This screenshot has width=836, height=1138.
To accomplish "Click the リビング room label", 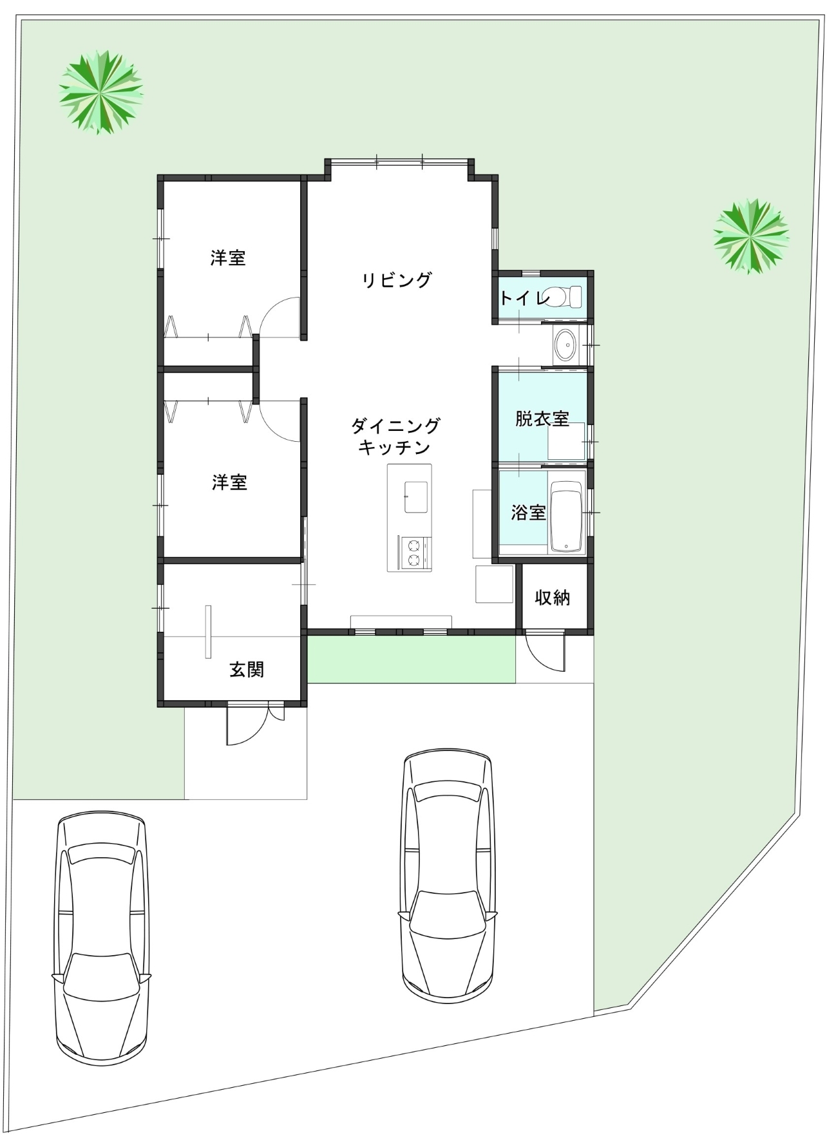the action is pyautogui.click(x=396, y=280).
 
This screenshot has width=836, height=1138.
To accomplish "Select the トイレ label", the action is pyautogui.click(x=524, y=298).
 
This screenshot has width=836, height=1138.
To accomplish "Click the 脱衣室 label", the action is pyautogui.click(x=542, y=419).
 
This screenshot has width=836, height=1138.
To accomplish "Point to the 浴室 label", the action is pyautogui.click(x=528, y=513).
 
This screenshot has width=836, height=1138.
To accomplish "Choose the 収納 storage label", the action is pyautogui.click(x=553, y=597).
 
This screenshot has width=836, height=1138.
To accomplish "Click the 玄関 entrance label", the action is pyautogui.click(x=247, y=669).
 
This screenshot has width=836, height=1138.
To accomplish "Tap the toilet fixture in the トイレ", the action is pyautogui.click(x=564, y=297).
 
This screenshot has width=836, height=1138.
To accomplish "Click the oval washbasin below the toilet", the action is pyautogui.click(x=565, y=346).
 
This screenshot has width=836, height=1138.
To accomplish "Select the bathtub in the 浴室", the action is pyautogui.click(x=566, y=517).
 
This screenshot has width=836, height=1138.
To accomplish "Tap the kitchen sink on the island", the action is pyautogui.click(x=417, y=497).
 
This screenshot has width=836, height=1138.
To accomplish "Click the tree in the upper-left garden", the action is pyautogui.click(x=100, y=92).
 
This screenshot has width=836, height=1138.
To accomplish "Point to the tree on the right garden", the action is pyautogui.click(x=751, y=235).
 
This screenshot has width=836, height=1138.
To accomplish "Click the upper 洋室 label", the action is pyautogui.click(x=228, y=258).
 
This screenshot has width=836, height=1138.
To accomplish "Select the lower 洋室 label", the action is pyautogui.click(x=229, y=482).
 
